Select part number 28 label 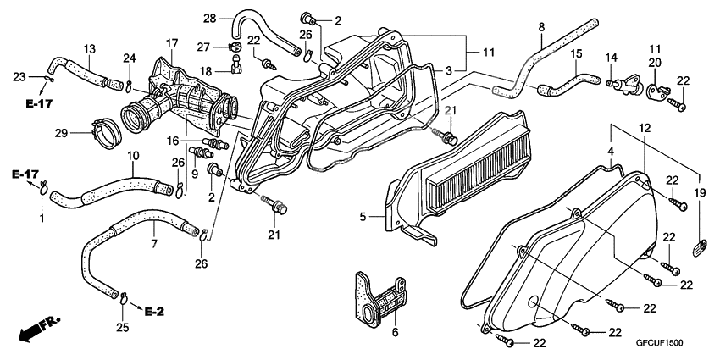point(209,17)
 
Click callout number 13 point(90,47)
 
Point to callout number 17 point(171,43)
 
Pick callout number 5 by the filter point(362,218)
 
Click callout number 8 point(541,27)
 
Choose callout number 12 point(645,127)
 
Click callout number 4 point(609,152)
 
